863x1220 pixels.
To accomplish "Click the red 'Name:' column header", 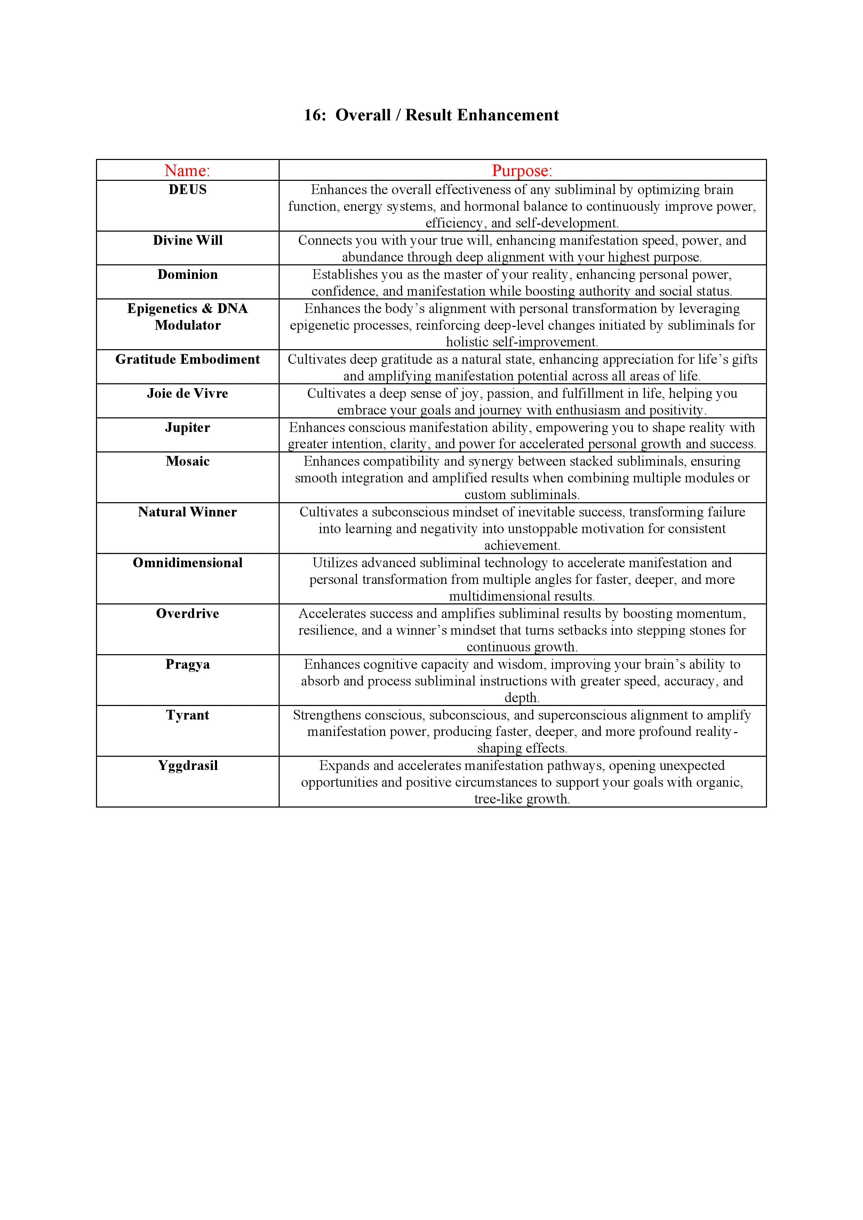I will pyautogui.click(x=187, y=170).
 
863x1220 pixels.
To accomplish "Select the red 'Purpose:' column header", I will pyautogui.click(x=522, y=170).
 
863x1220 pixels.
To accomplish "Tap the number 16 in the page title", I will pyautogui.click(x=314, y=115).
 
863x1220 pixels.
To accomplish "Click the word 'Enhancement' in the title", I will pyautogui.click(x=508, y=115).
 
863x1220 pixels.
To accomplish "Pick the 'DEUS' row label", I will pyautogui.click(x=187, y=190).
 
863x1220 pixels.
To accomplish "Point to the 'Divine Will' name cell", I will pyautogui.click(x=187, y=240).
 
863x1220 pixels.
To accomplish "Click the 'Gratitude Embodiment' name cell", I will pyautogui.click(x=187, y=359).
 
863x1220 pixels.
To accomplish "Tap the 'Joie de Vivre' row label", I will pyautogui.click(x=187, y=393).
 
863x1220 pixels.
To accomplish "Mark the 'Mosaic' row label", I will pyautogui.click(x=187, y=461).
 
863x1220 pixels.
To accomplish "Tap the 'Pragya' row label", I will pyautogui.click(x=187, y=664).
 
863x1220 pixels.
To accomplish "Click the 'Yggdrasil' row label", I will pyautogui.click(x=187, y=766).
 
